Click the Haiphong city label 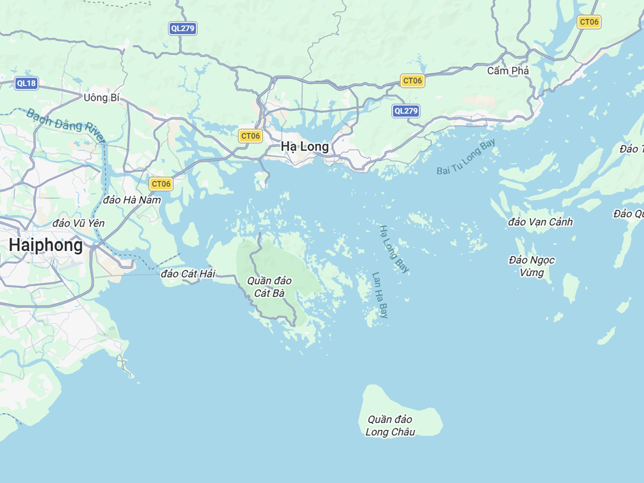46,245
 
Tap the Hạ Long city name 305,146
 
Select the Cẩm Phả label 508,71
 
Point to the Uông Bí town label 101,98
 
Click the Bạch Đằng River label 67,125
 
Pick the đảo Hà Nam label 133,200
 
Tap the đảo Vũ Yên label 79,223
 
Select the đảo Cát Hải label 188,273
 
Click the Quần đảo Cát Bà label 269,287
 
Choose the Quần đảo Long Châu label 390,426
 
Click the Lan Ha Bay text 380,296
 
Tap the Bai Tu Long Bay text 467,157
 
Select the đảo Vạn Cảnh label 541,222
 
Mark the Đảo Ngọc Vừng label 532,266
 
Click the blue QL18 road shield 26,84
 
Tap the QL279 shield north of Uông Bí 183,29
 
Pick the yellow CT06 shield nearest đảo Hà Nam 161,184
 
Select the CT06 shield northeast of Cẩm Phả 588,22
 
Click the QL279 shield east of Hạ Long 406,111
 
